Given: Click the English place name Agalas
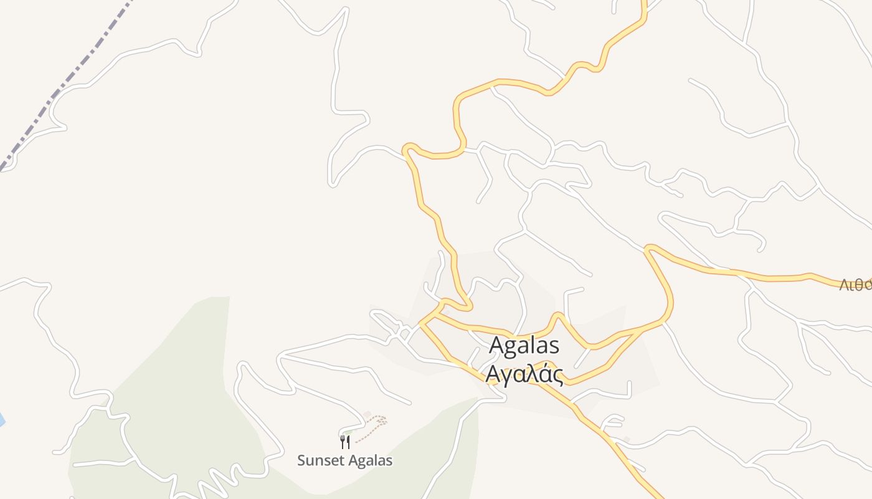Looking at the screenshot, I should click(x=524, y=346).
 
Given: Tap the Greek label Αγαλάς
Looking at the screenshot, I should click(x=524, y=375).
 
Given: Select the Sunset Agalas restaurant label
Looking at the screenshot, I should click(x=344, y=461).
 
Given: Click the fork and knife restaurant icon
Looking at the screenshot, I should click(x=345, y=442).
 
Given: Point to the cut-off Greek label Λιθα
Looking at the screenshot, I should click(x=855, y=285).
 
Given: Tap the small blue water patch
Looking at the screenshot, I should click(x=1, y=420).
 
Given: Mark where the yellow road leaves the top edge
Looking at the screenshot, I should click(x=643, y=2).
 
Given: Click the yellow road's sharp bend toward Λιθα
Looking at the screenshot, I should click(x=649, y=249).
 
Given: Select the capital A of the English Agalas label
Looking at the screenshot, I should click(x=496, y=346).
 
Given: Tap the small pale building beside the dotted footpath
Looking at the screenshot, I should click(x=367, y=415).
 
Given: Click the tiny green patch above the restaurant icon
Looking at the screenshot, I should click(x=347, y=432).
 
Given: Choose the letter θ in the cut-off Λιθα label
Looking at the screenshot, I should click(x=863, y=285).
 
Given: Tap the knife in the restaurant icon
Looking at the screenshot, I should click(x=348, y=442).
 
